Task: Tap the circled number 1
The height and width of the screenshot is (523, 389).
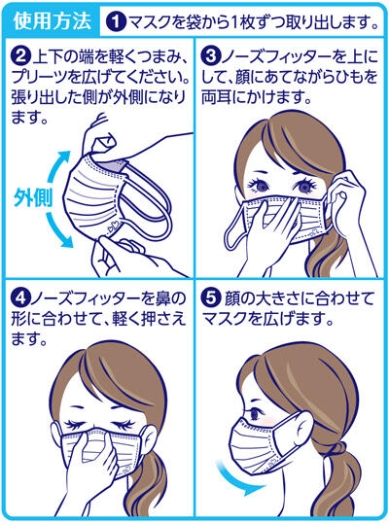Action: point(116,20)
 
